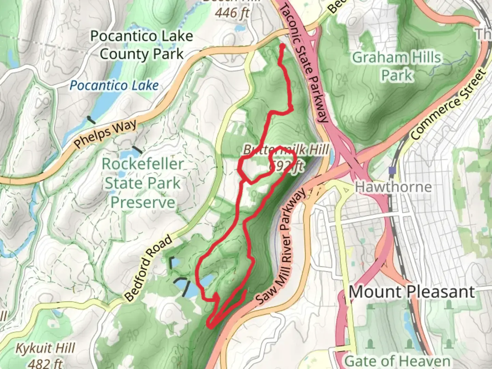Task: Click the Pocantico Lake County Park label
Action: click(141, 45)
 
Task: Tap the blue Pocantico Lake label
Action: click(114, 85)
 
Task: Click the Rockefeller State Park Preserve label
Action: click(143, 183)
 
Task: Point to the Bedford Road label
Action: click(148, 269)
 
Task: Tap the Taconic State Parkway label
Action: click(304, 63)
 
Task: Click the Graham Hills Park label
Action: click(397, 66)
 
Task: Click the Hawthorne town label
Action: click(393, 187)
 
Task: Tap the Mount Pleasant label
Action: click(412, 292)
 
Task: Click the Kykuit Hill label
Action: click(46, 348)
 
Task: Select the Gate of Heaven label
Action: click(397, 361)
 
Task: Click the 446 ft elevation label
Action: click(232, 13)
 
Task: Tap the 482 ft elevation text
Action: click(46, 363)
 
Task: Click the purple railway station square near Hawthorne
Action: click(392, 170)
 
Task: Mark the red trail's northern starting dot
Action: click(283, 46)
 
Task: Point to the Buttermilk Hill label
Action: click(286, 150)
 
